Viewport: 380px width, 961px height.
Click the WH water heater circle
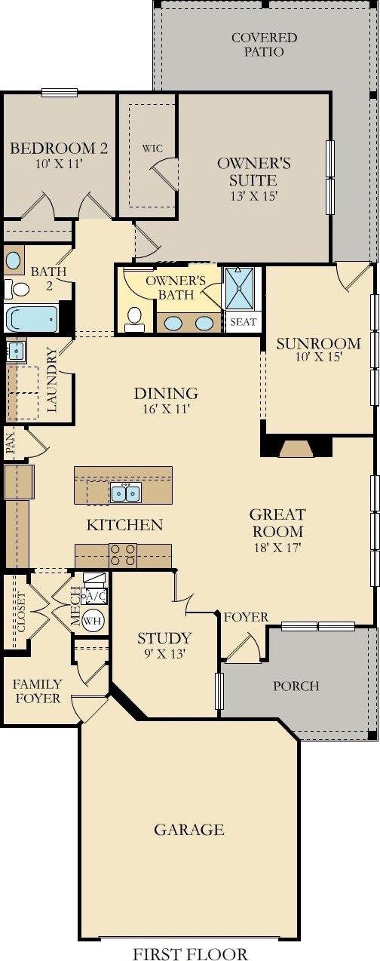(x=93, y=620)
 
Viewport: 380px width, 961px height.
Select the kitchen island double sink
(x=125, y=492)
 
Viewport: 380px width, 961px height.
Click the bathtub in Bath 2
(x=32, y=318)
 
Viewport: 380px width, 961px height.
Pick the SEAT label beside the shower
(x=244, y=321)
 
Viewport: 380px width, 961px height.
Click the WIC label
(x=152, y=149)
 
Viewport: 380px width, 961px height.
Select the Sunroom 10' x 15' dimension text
(x=318, y=357)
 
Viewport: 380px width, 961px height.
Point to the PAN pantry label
(x=11, y=444)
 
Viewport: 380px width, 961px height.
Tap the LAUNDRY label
(x=51, y=380)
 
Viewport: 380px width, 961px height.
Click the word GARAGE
(x=188, y=829)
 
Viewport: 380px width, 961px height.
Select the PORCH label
(x=296, y=686)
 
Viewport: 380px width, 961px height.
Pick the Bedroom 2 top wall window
(x=60, y=92)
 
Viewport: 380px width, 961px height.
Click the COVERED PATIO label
(x=264, y=45)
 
